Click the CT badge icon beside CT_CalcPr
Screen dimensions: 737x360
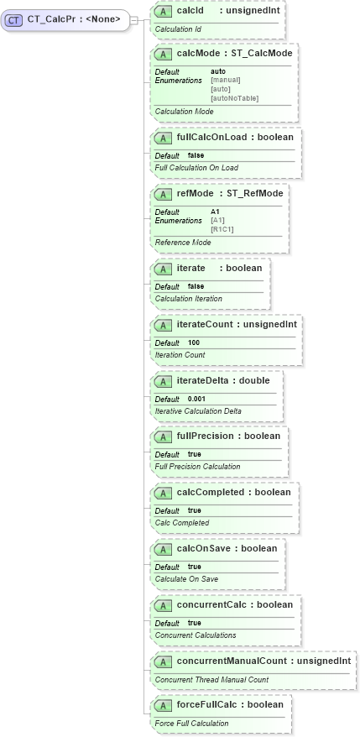click(x=14, y=19)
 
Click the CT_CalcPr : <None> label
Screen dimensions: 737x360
click(x=74, y=19)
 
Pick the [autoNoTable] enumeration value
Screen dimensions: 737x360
click(x=234, y=98)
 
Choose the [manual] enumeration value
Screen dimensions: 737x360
click(x=226, y=80)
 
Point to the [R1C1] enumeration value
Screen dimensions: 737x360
click(x=223, y=229)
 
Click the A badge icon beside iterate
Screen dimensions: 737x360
click(x=164, y=268)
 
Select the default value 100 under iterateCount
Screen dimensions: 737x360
click(x=194, y=342)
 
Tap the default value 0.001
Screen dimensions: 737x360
click(x=196, y=399)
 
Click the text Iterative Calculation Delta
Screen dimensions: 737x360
click(x=198, y=410)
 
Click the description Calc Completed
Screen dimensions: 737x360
click(x=182, y=522)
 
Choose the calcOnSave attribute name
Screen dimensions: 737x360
click(x=203, y=548)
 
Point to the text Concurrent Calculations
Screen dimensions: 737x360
click(x=196, y=635)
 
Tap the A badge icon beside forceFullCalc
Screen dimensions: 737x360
click(x=164, y=704)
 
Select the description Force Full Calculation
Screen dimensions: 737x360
click(x=191, y=723)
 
